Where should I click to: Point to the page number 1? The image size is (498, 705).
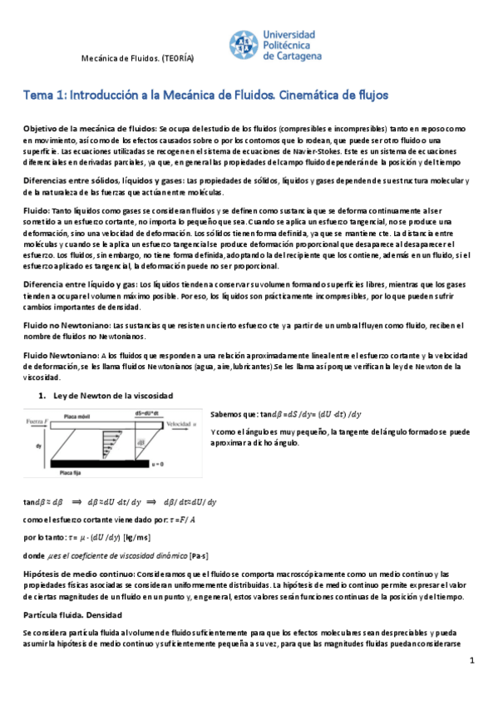471,660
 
